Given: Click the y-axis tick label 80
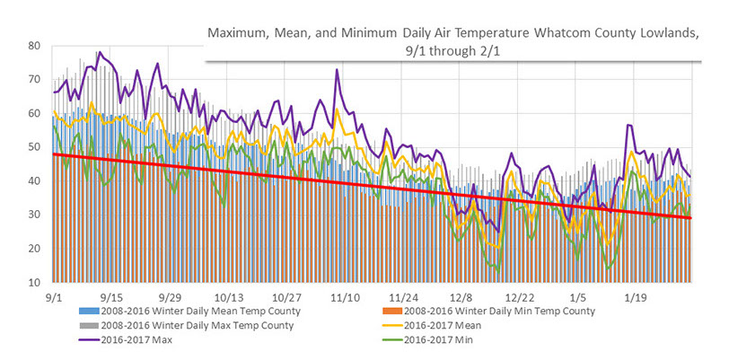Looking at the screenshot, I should coord(33,46).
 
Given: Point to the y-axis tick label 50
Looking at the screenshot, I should coord(33,147).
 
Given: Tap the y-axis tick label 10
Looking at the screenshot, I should coord(33,283).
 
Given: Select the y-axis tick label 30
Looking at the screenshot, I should coord(33,215).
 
